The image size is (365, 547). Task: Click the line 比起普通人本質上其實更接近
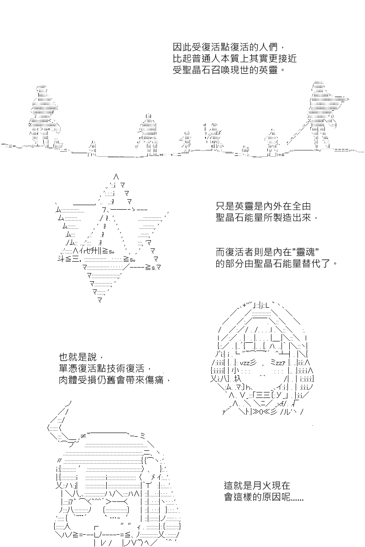[235, 59]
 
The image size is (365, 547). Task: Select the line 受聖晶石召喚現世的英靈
[229, 70]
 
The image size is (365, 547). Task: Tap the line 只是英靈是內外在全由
[263, 206]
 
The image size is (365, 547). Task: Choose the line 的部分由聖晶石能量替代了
[276, 263]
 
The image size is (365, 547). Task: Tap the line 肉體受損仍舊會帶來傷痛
[115, 380]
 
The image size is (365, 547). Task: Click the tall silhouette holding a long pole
[323, 114]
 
